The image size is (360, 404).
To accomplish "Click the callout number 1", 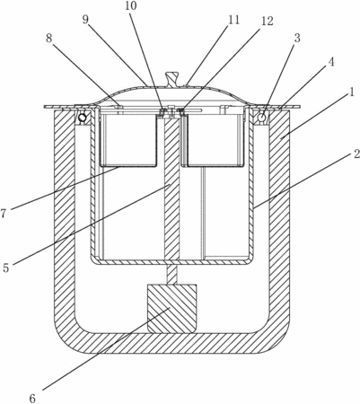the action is click(351, 92).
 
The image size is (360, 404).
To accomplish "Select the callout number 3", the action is click(296, 39).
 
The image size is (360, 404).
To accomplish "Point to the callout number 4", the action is click(331, 62).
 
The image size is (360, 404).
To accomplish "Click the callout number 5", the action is click(6, 268).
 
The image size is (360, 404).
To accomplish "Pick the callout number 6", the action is click(32, 398).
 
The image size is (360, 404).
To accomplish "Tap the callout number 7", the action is click(4, 214).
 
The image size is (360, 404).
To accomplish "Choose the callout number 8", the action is click(49, 39).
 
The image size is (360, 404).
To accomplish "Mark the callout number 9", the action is click(85, 21).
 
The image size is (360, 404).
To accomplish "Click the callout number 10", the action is click(130, 6).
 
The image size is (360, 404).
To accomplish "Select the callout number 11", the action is click(233, 20).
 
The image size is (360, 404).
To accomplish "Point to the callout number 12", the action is click(267, 21).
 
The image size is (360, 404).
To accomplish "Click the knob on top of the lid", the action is click(171, 79).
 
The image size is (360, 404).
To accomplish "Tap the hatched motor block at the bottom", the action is click(172, 309).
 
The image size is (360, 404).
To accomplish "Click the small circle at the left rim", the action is click(82, 118).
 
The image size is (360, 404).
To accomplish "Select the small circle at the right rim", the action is click(262, 117).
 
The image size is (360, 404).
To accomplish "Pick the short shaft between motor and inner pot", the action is click(171, 275).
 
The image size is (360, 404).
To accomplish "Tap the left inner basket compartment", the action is click(128, 138).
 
